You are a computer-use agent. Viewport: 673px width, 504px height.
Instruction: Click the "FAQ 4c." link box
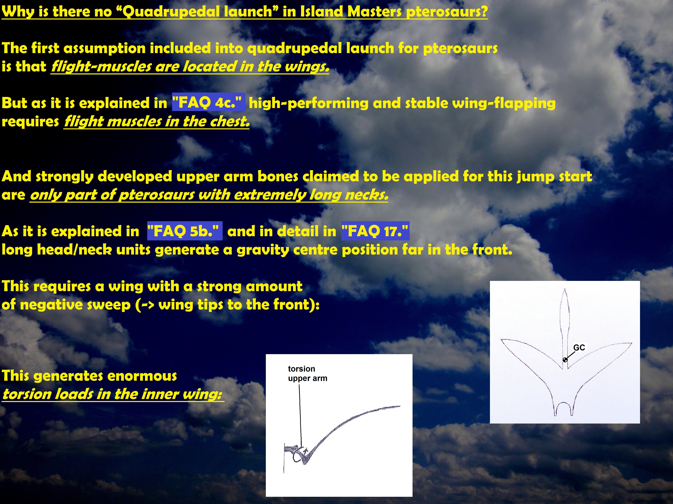(208, 102)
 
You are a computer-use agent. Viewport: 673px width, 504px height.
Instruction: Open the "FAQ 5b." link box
(185, 231)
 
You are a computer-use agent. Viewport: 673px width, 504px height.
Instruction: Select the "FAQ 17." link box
(375, 231)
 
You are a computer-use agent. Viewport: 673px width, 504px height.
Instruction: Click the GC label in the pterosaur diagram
(579, 348)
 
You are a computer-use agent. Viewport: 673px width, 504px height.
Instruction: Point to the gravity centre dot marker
(565, 360)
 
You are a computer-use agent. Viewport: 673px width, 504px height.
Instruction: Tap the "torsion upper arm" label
(308, 373)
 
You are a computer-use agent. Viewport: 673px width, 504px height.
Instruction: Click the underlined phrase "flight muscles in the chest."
(157, 121)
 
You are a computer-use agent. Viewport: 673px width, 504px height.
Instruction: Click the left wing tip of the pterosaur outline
(501, 340)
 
